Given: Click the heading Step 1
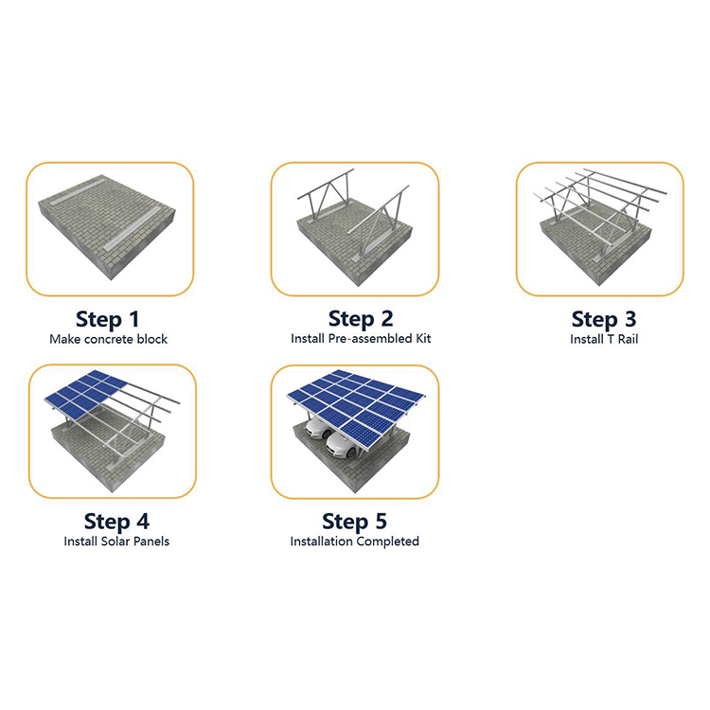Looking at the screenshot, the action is point(107,320).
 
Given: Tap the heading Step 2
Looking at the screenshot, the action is point(361,320).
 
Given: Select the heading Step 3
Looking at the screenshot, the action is point(604,320).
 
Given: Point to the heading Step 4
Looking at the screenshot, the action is point(116,522).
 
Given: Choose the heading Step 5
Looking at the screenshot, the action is point(354,522).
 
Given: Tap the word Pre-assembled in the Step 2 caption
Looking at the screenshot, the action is point(370,339).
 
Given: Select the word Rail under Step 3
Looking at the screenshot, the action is point(628,339).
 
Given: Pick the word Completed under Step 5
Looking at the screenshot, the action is point(387,541).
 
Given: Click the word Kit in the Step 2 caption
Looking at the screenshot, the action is point(423,339).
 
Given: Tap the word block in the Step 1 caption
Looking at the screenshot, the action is point(152,339).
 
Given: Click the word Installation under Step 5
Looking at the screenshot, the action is point(322,541).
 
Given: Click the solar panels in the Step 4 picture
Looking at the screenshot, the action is point(86,395).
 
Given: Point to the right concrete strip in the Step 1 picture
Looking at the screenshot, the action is point(132,229).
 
